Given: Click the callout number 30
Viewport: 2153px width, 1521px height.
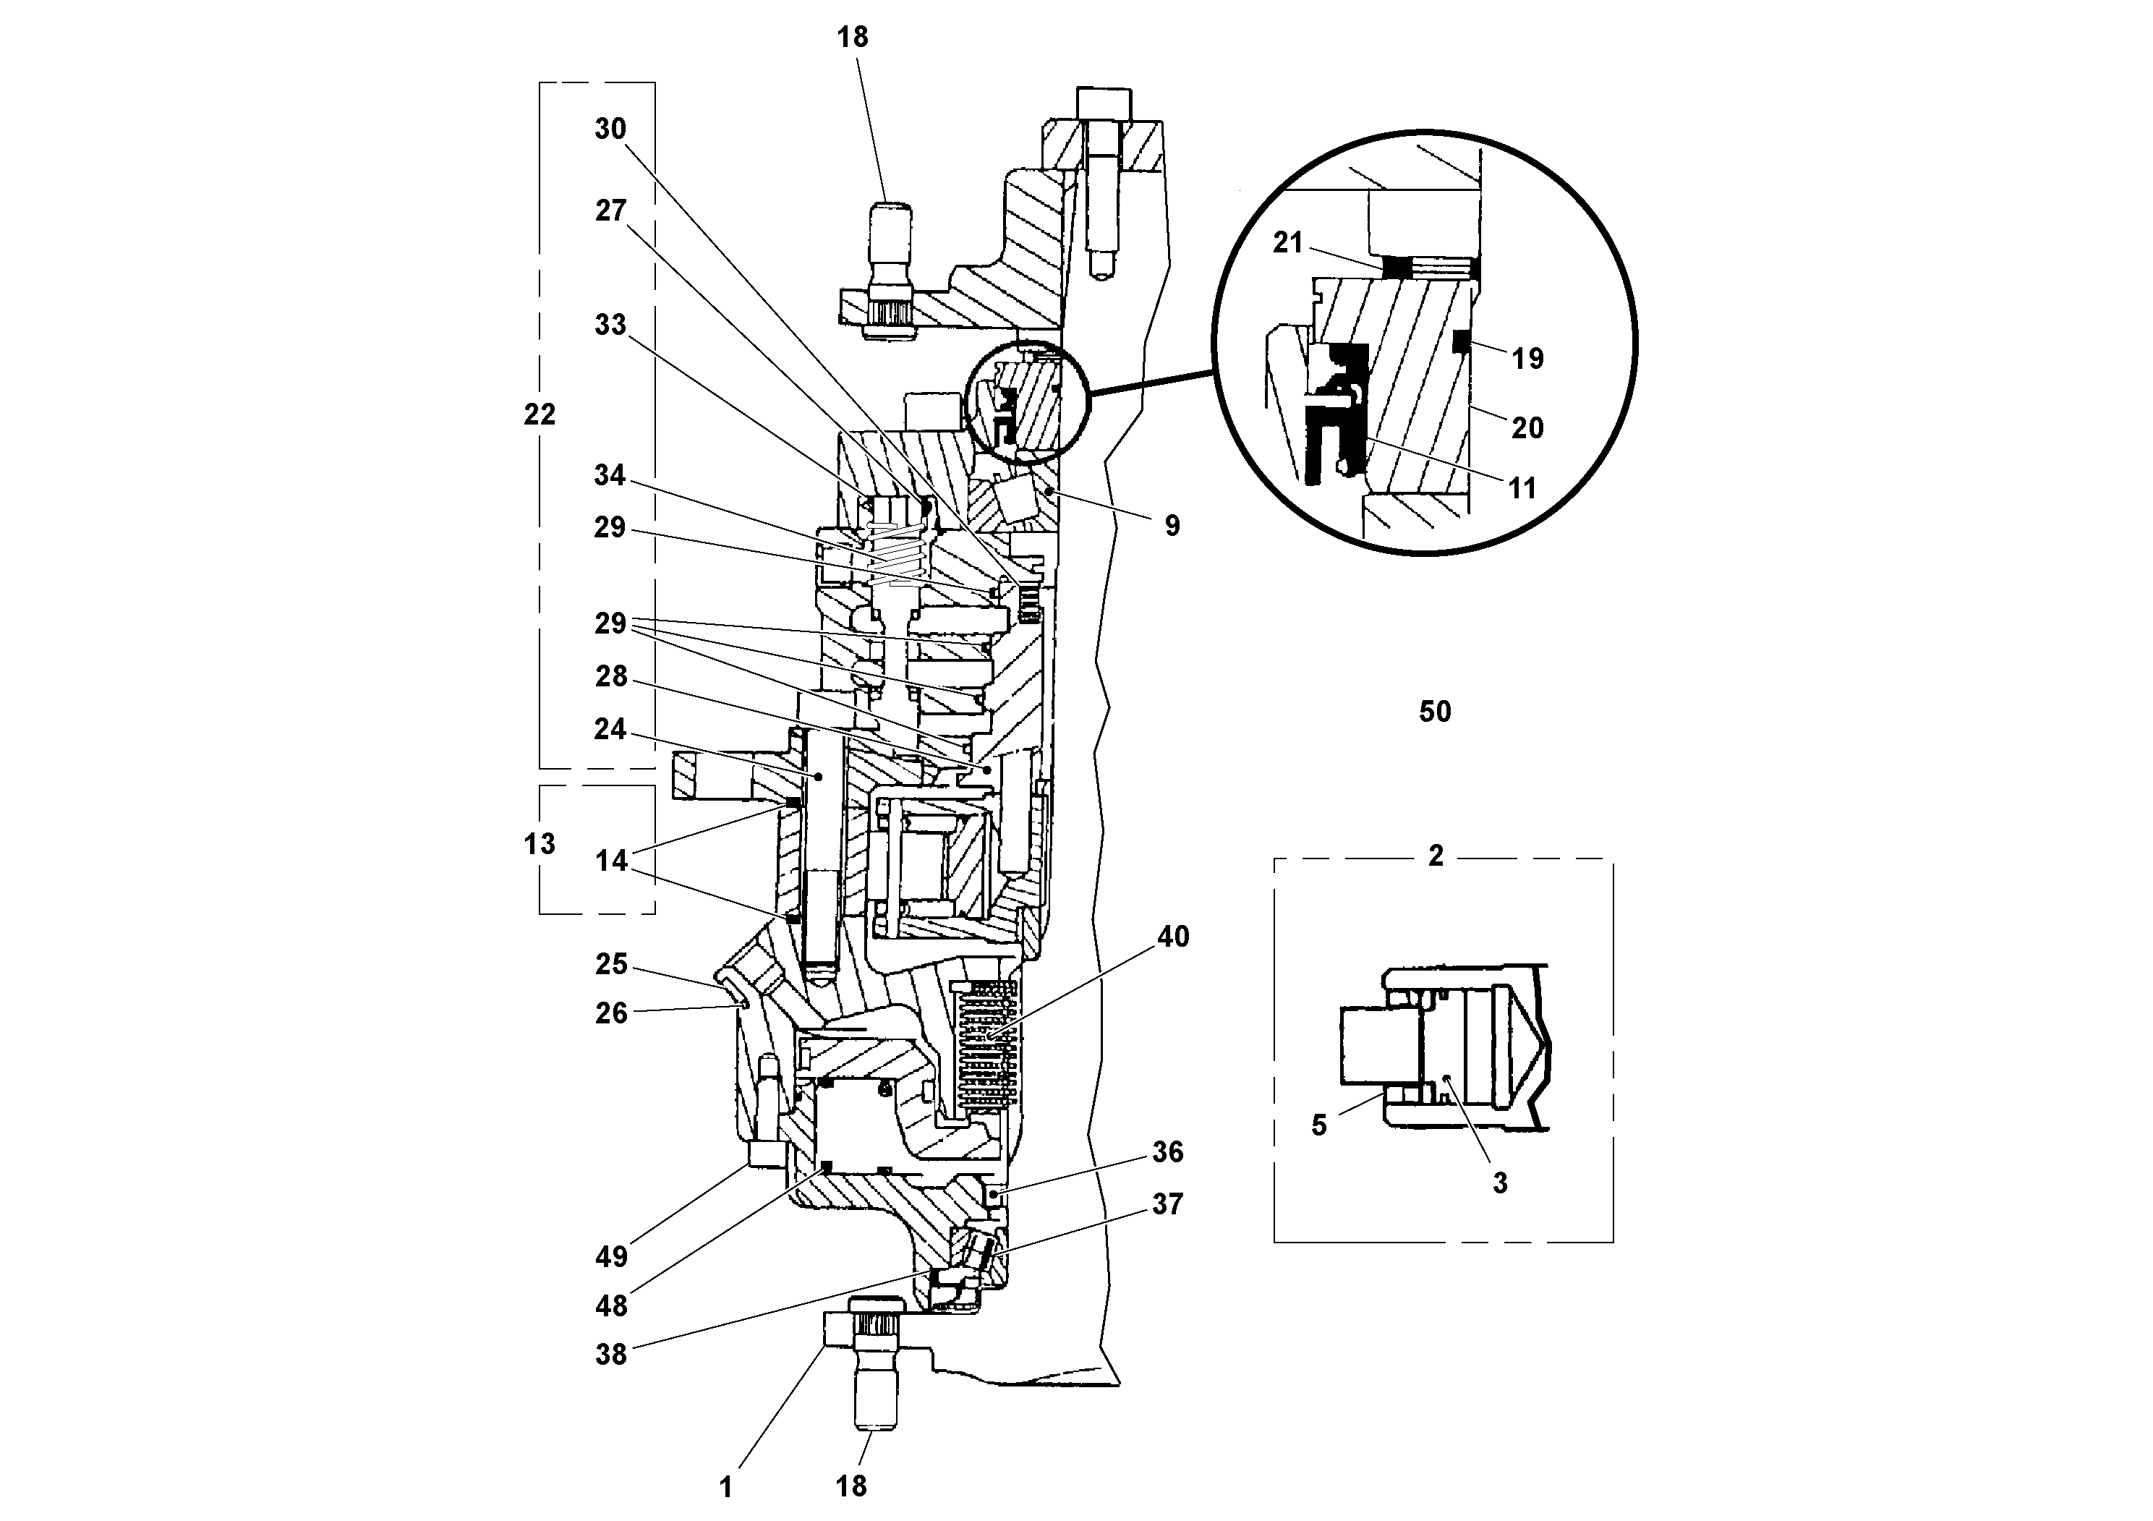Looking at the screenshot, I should pos(610,129).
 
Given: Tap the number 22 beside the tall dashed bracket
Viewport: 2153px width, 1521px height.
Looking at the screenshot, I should pos(540,414).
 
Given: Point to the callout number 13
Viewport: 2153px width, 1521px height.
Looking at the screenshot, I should pos(540,844).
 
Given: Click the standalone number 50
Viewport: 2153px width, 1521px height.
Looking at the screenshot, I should pos(1435,712).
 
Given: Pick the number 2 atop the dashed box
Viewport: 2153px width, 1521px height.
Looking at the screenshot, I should pos(1436,855).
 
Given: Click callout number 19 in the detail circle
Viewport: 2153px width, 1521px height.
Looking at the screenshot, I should pos(1527,358).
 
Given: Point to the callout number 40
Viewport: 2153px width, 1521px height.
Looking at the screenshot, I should pos(1173,936).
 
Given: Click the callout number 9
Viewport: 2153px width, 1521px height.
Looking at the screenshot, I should pos(1172,526).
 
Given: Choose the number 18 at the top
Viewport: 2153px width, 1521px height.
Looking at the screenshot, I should pos(853,38).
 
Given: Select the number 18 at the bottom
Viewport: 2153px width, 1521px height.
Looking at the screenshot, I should pos(851,1486).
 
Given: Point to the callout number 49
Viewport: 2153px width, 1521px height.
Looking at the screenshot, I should pos(610,1256).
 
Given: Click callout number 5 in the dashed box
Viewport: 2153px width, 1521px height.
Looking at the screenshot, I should pos(1319,1125).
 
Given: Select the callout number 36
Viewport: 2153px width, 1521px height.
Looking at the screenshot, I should pos(1167,1151).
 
